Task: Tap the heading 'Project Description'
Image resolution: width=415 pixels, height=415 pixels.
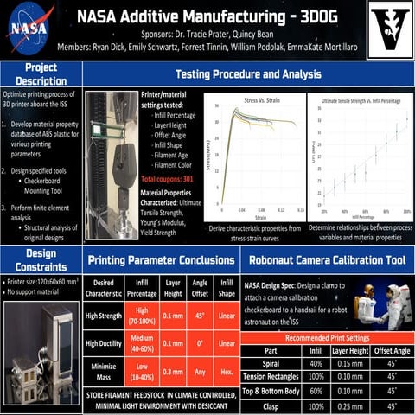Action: click(x=41, y=74)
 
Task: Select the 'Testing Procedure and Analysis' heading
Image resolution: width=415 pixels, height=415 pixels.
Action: click(x=248, y=74)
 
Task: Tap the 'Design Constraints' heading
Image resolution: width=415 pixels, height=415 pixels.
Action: click(x=41, y=260)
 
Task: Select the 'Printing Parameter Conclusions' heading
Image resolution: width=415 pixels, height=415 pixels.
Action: click(x=162, y=259)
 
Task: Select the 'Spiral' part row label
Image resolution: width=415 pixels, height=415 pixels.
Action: click(x=271, y=364)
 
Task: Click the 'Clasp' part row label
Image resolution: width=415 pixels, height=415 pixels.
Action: click(x=271, y=405)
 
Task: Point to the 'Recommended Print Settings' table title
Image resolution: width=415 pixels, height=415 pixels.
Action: click(x=326, y=337)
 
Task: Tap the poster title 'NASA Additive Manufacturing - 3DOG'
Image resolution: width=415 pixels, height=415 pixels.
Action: click(x=205, y=15)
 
